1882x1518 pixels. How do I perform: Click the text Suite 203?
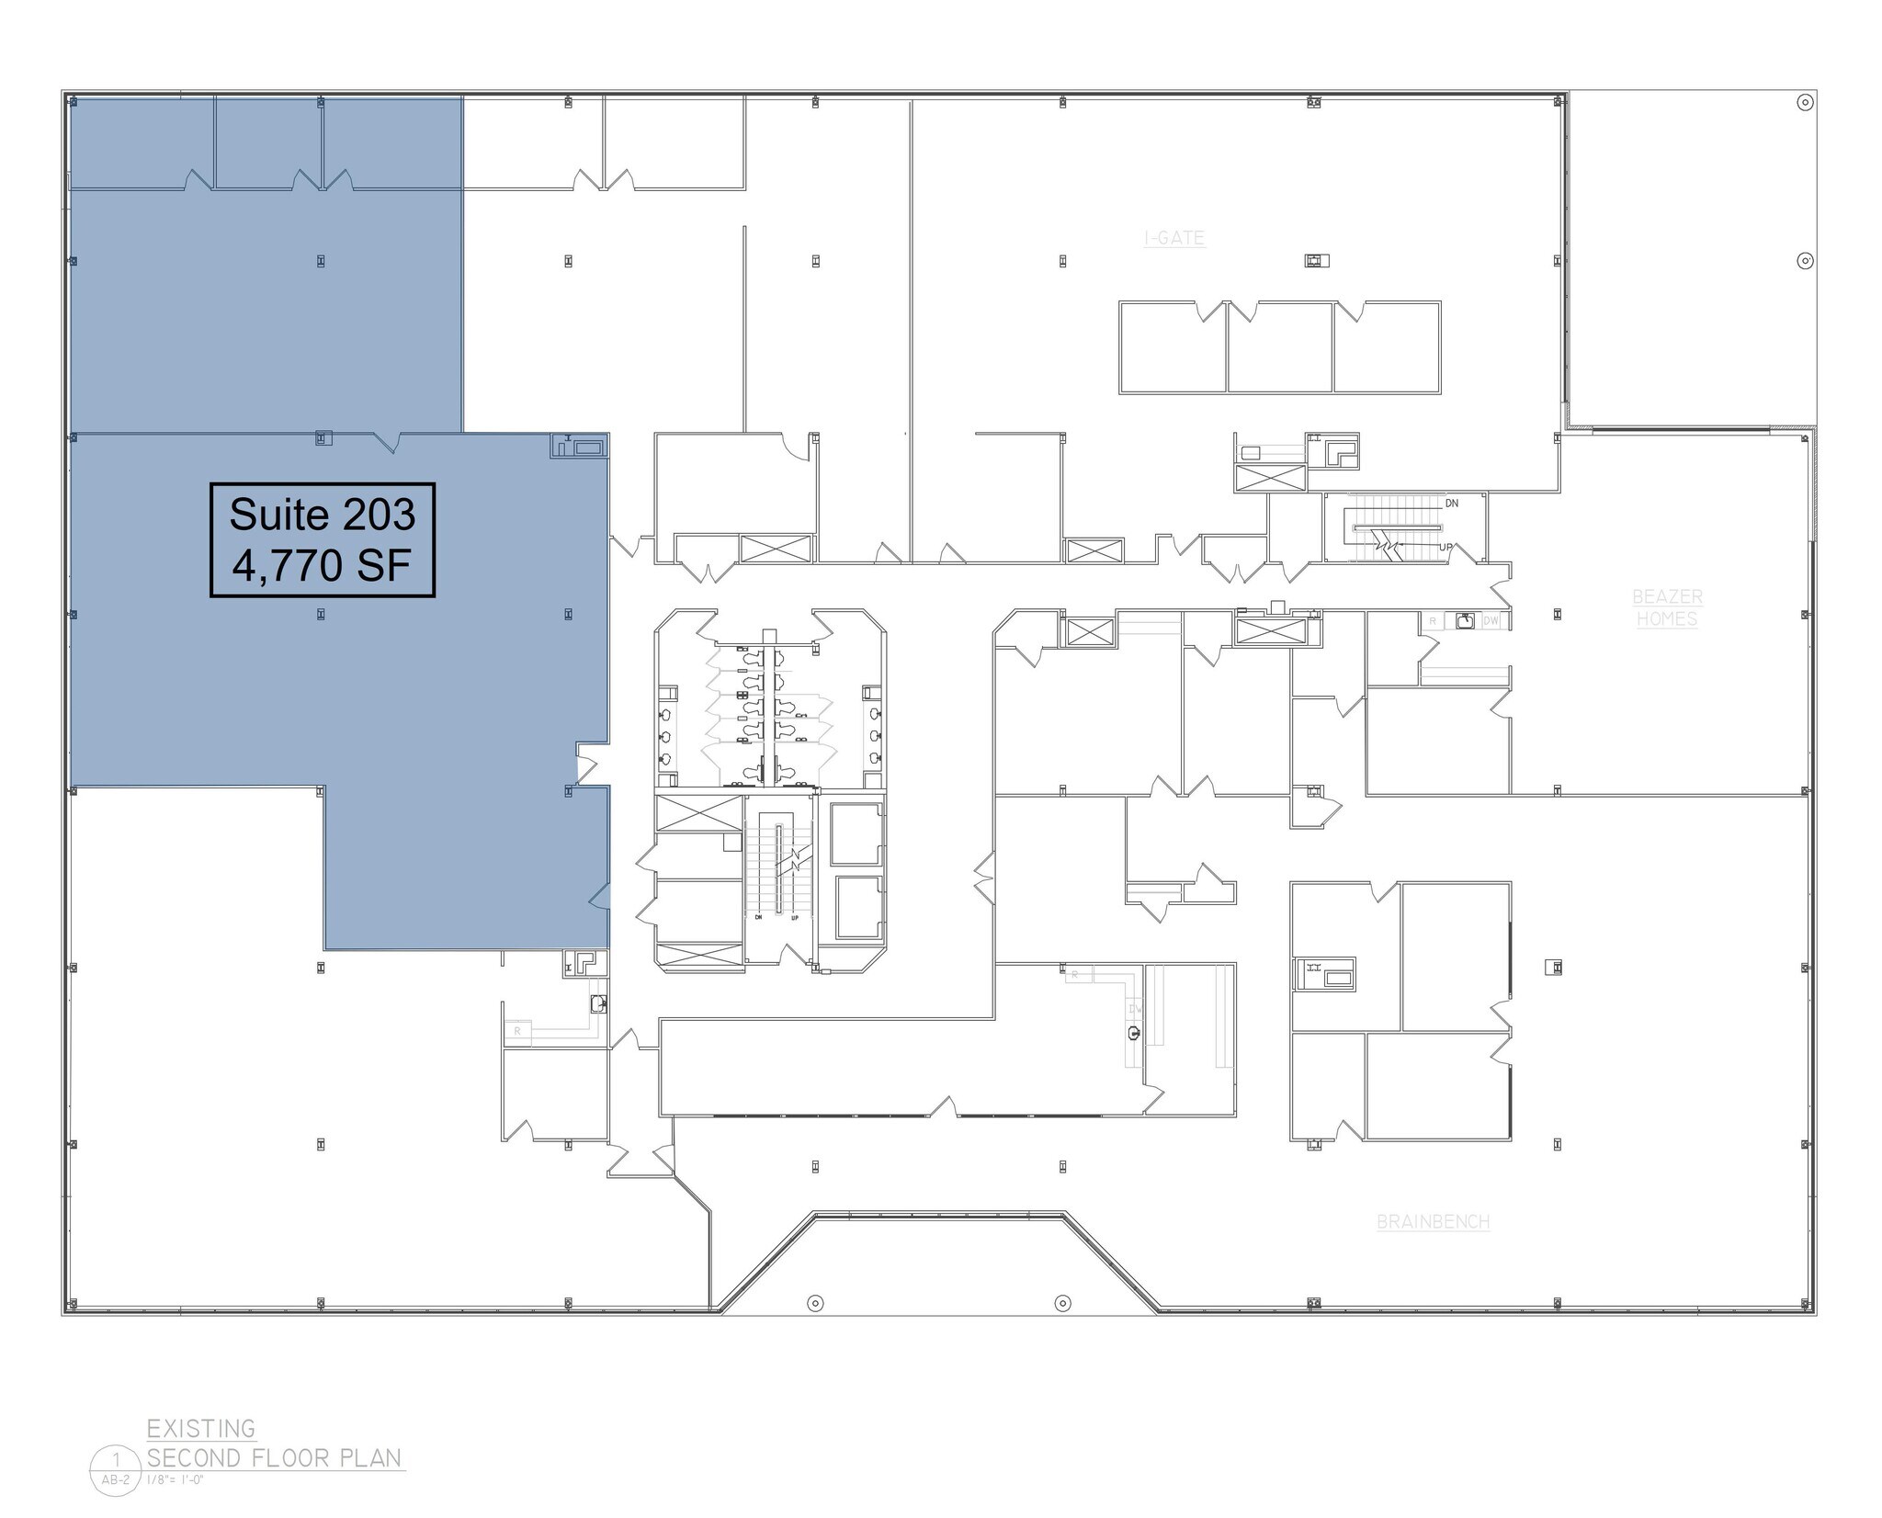click(x=322, y=515)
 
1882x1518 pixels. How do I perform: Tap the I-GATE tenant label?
click(x=1173, y=238)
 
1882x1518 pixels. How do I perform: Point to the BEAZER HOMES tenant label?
click(x=1667, y=607)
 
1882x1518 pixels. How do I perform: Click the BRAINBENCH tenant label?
click(x=1433, y=1221)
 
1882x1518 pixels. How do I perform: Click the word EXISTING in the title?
click(x=201, y=1429)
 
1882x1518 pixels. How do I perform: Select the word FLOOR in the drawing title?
click(x=292, y=1458)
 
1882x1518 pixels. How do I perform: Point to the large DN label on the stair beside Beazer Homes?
click(x=1452, y=504)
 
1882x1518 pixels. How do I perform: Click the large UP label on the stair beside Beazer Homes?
click(x=1446, y=548)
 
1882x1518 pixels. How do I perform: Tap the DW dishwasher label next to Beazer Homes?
click(x=1491, y=621)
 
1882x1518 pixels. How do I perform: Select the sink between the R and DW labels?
click(x=1465, y=621)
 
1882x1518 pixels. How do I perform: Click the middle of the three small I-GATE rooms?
click(x=1279, y=347)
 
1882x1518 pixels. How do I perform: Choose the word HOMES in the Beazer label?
click(x=1667, y=619)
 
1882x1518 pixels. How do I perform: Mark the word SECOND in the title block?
click(x=194, y=1458)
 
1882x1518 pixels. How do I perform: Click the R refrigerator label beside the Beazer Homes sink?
click(x=1433, y=621)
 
